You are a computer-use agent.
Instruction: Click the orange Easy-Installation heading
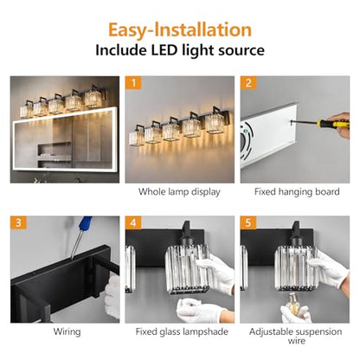tap(180, 30)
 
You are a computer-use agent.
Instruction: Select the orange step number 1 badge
tap(133, 83)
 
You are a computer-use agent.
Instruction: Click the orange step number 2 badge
tap(248, 83)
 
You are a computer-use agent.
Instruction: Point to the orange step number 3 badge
tap(18, 222)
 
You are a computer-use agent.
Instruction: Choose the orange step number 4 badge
tap(133, 222)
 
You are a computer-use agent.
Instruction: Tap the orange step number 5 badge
tap(248, 222)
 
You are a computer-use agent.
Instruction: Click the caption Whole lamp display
tap(179, 192)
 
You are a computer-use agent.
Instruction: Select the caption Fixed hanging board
tap(297, 192)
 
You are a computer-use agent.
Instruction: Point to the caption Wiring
tap(67, 331)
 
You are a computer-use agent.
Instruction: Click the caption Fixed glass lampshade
tap(182, 331)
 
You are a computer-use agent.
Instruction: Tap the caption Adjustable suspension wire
tap(296, 336)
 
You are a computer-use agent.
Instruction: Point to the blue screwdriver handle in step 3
tap(86, 224)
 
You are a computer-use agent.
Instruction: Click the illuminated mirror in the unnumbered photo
tap(66, 140)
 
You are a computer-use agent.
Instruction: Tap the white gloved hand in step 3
tap(112, 297)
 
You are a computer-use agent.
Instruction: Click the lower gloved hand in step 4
tap(202, 311)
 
